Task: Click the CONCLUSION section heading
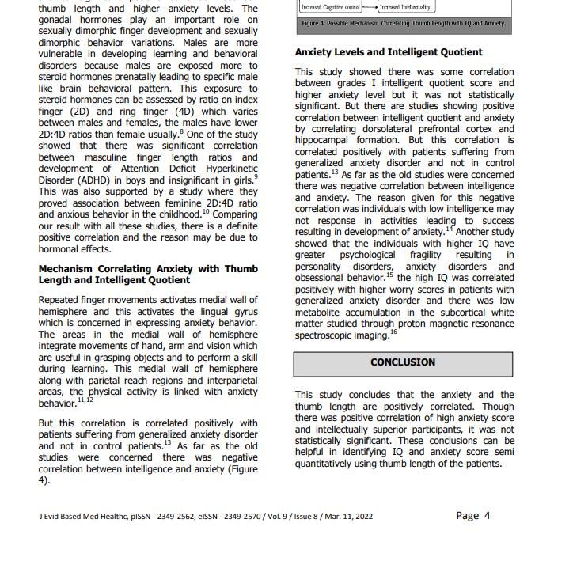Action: pos(403,362)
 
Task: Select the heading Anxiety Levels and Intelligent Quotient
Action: pos(389,52)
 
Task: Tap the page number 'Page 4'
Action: pos(473,516)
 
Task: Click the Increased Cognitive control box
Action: pos(331,7)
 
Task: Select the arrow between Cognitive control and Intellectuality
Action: pos(370,7)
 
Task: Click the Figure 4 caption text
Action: pos(404,24)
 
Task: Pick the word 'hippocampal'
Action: pos(327,140)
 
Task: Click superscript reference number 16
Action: pos(393,332)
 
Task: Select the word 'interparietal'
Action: pos(225,380)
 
